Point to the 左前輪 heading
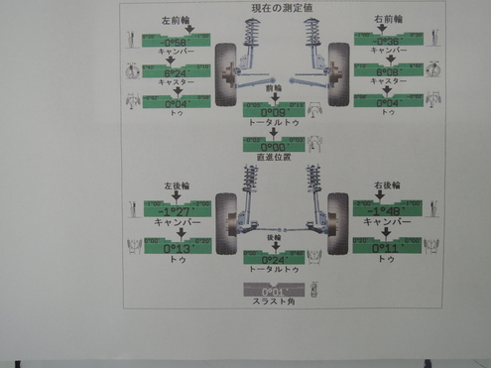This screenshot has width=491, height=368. pyautogui.click(x=175, y=18)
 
